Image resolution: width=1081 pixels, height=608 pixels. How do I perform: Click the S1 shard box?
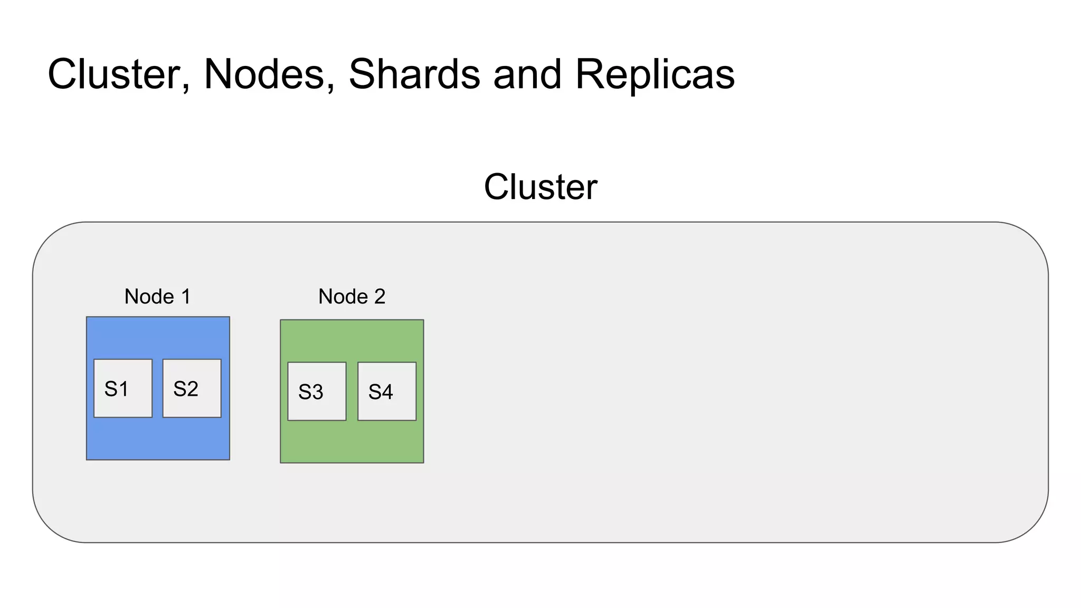[x=123, y=388]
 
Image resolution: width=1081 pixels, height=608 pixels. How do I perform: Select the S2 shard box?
[x=192, y=388]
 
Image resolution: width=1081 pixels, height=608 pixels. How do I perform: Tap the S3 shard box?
[x=317, y=391]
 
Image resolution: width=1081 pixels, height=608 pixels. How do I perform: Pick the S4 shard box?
[x=387, y=391]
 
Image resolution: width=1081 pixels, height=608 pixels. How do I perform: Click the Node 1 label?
[x=157, y=297]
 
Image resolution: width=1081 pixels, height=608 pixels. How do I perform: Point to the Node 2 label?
[x=352, y=297]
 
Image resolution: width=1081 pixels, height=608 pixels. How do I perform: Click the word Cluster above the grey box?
[x=540, y=187]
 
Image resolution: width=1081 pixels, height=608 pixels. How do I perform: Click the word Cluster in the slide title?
[x=118, y=74]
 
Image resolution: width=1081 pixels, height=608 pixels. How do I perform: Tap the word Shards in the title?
[x=414, y=74]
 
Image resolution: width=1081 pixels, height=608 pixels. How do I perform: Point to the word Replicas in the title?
[x=655, y=74]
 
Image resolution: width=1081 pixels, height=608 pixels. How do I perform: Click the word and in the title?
[x=527, y=74]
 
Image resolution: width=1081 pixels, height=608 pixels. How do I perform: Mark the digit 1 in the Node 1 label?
[x=186, y=297]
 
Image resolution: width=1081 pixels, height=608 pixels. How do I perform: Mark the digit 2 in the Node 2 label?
[x=380, y=297]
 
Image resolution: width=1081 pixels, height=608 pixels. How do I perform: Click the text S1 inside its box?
[x=117, y=389]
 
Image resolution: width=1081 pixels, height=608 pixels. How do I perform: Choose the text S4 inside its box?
[x=381, y=392]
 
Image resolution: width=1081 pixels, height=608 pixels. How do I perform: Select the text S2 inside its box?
[x=186, y=389]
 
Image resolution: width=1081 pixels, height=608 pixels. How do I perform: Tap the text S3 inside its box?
[x=311, y=392]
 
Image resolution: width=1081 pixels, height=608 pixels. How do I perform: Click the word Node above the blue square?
[x=149, y=297]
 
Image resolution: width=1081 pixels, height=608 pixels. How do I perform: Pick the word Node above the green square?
[x=343, y=297]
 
